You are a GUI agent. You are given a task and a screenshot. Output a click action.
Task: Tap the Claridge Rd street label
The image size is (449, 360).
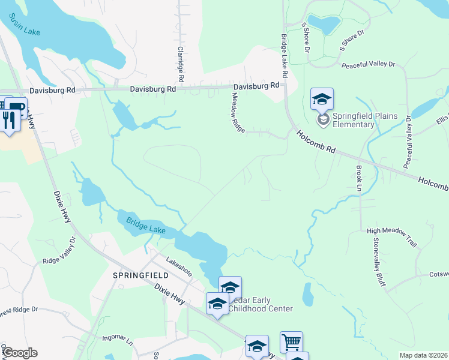pyautogui.click(x=180, y=64)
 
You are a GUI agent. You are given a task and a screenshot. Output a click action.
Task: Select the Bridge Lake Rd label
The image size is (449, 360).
pyautogui.click(x=285, y=55)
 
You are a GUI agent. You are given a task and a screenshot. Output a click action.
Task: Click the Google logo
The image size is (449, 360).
pyautogui.click(x=19, y=353)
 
